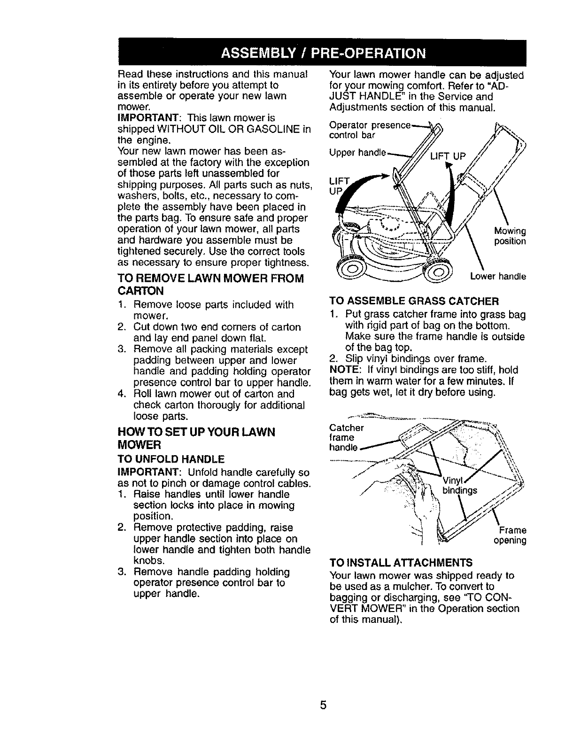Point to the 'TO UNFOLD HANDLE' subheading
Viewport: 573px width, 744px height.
[170, 458]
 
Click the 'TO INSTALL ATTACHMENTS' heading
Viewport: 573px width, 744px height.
[401, 563]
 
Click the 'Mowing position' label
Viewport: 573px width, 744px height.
[510, 236]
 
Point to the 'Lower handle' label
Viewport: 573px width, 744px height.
[498, 277]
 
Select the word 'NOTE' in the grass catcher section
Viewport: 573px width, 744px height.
[345, 370]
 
